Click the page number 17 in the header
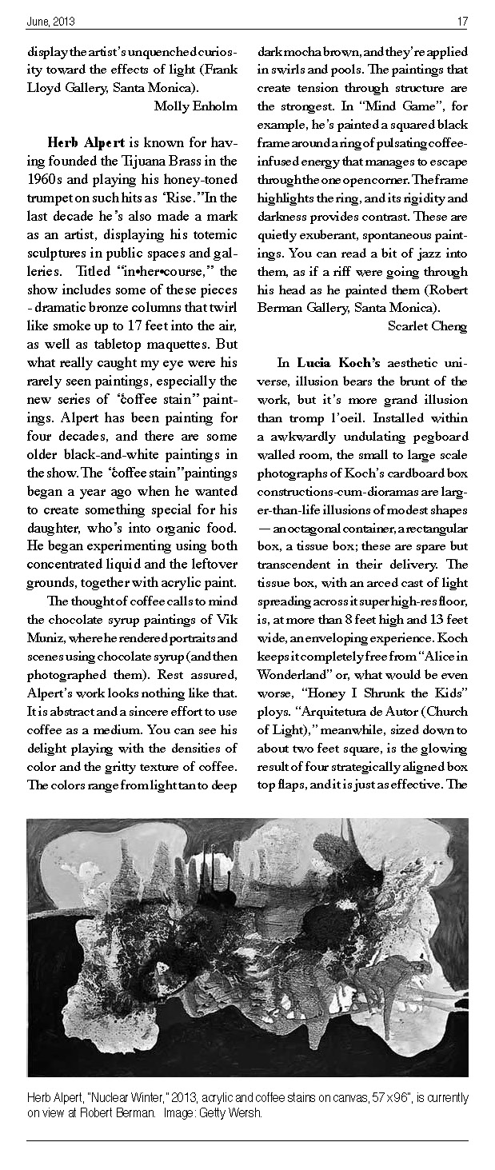point(463,21)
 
